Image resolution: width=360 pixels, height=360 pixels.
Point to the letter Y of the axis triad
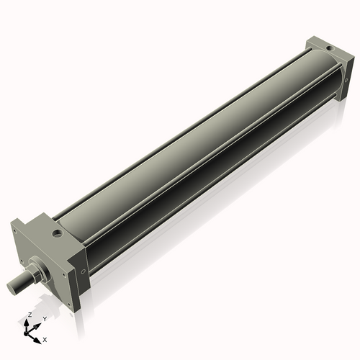coord(44,318)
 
